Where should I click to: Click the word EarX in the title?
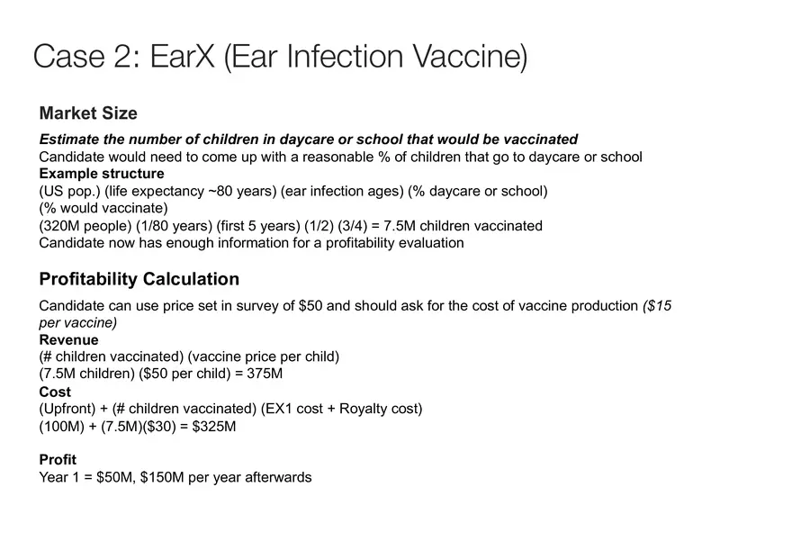(x=182, y=56)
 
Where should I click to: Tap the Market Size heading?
(x=88, y=113)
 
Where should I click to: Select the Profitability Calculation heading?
(x=139, y=279)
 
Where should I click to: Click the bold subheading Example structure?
(x=102, y=174)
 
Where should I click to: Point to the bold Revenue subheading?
(x=68, y=340)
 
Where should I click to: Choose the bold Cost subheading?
(x=55, y=392)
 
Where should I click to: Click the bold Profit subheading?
(x=58, y=460)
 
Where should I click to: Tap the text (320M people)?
(x=85, y=226)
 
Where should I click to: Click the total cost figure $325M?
(x=214, y=427)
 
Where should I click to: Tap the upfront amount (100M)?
(x=61, y=427)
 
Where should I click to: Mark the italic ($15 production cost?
(x=657, y=306)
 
